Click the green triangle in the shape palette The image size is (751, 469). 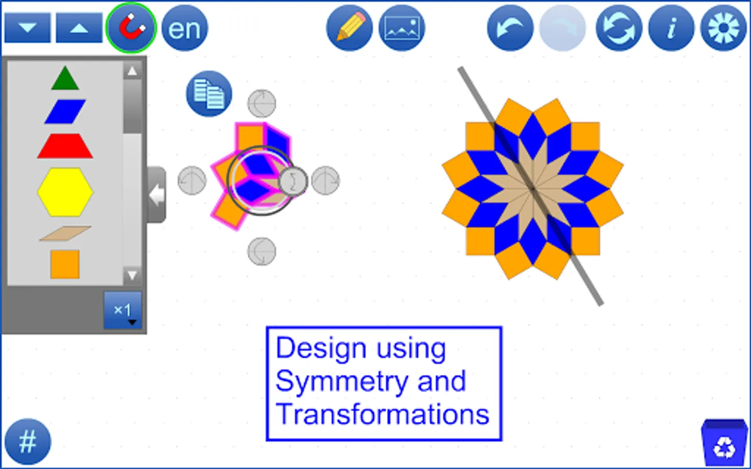pyautogui.click(x=65, y=79)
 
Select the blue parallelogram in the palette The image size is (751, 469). pyautogui.click(x=65, y=112)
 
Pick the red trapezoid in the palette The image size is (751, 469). pyautogui.click(x=65, y=146)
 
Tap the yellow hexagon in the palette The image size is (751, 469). pyautogui.click(x=65, y=192)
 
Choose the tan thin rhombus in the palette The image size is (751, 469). pyautogui.click(x=65, y=233)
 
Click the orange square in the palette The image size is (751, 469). pyautogui.click(x=65, y=264)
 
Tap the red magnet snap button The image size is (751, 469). pyautogui.click(x=130, y=28)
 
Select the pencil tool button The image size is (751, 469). pyautogui.click(x=349, y=28)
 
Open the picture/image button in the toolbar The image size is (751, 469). pyautogui.click(x=402, y=28)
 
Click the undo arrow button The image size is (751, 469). pyautogui.click(x=510, y=28)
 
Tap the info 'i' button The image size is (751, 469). pyautogui.click(x=671, y=28)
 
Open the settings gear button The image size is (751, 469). pyautogui.click(x=724, y=28)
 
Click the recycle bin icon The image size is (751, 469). pyautogui.click(x=724, y=443)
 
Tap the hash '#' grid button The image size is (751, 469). pyautogui.click(x=28, y=442)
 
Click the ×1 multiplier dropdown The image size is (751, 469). pyautogui.click(x=123, y=311)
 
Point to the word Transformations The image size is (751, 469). pyautogui.click(x=382, y=415)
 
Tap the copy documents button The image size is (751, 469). pyautogui.click(x=209, y=94)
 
